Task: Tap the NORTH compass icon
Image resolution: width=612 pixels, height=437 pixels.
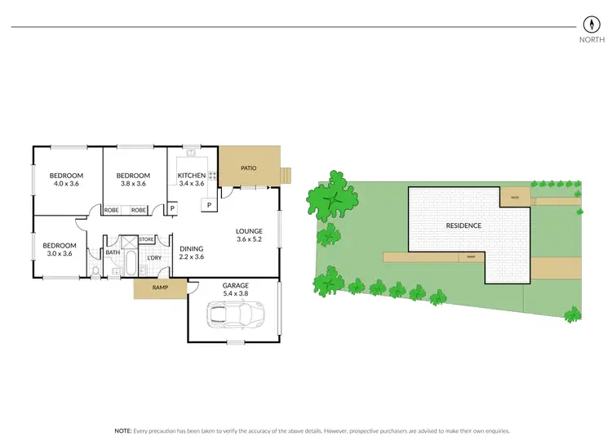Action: pos(591,24)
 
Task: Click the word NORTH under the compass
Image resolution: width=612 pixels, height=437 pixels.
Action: pos(591,39)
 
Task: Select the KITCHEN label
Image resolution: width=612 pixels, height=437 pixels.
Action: pos(192,176)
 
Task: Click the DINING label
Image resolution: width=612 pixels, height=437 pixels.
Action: pos(191,248)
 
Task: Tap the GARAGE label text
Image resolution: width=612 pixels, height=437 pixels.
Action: pos(235,286)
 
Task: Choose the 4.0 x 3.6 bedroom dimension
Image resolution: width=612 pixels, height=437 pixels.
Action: pos(66,184)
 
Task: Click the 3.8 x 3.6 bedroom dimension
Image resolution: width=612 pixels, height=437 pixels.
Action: pos(132,184)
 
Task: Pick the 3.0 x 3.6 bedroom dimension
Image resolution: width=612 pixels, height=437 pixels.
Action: pos(59,253)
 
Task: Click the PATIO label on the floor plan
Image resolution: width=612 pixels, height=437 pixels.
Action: pos(249,168)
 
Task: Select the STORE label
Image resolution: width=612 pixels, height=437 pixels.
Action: pos(147,239)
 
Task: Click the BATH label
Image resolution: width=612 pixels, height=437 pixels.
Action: pos(113,252)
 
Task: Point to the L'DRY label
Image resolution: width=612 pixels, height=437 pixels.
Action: pos(153,258)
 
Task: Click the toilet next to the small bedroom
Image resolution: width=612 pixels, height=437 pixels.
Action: pos(95,270)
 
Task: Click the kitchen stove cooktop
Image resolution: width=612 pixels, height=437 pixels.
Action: pos(211,175)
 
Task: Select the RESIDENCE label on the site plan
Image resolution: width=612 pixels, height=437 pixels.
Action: pos(463,225)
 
